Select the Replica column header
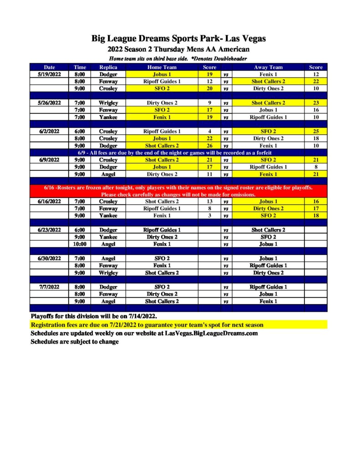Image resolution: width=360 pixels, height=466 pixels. point(108,67)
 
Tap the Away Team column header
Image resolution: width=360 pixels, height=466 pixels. point(268,67)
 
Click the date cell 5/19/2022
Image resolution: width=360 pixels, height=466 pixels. point(49,74)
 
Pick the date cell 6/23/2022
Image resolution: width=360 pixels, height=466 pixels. point(49,230)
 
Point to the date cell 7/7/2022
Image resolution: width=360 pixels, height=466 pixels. point(49,287)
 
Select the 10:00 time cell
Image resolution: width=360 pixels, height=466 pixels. point(80,244)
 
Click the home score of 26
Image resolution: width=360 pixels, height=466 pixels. point(209,146)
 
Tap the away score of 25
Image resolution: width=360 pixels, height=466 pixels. point(315,132)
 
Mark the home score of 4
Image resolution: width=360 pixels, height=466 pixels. point(209,132)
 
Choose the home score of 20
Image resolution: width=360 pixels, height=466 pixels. point(209,89)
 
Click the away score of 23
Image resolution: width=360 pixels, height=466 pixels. point(315,103)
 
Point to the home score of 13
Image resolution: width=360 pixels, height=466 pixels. point(209,202)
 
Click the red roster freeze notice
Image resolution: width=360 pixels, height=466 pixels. point(178,191)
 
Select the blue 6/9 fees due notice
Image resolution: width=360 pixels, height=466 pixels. point(178,153)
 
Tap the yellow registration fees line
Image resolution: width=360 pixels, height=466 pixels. point(147,325)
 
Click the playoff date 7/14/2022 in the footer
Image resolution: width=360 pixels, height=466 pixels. point(141,316)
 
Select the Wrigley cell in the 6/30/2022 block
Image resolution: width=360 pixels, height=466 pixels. point(108,273)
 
